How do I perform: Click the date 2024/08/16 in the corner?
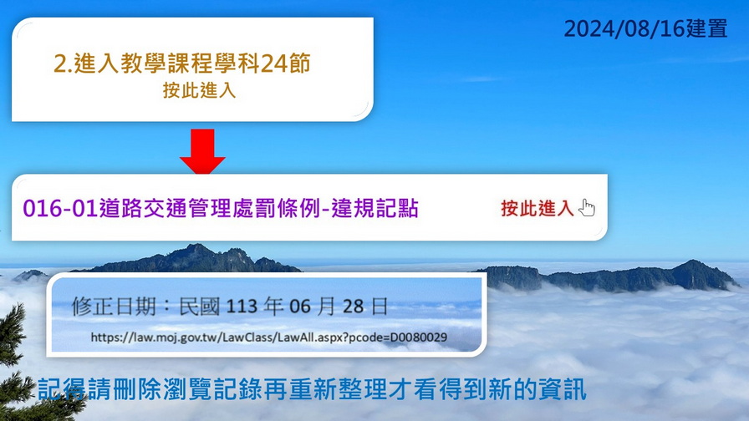pos(624,28)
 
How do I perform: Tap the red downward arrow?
pos(202,151)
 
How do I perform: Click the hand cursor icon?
pos(587,208)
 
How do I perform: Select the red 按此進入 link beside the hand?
pos(538,209)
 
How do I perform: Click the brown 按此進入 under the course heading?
pos(199,90)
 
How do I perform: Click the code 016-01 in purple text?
pos(61,209)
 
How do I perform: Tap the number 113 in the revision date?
pos(242,306)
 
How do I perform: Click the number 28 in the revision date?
pos(353,306)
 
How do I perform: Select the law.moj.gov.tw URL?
pos(269,337)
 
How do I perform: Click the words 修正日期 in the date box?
pos(115,306)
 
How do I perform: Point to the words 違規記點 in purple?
pos(375,209)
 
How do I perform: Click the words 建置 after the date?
pos(707,28)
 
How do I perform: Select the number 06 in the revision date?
pos(300,306)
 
